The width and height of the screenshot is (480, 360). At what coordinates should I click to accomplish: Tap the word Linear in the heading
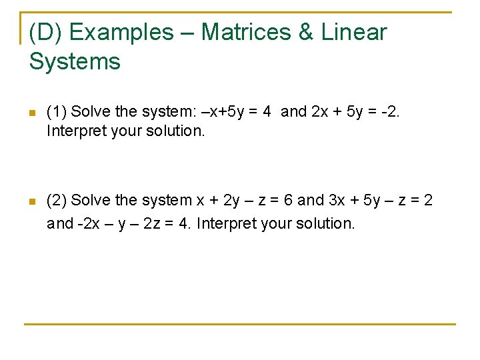[354, 32]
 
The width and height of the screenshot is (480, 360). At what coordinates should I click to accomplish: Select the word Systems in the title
[75, 62]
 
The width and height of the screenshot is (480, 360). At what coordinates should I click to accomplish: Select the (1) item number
[57, 111]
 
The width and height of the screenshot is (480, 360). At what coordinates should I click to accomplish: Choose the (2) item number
[57, 200]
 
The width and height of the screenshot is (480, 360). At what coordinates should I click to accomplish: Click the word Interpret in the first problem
[74, 131]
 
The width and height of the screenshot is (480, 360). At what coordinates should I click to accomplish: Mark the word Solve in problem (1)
[90, 111]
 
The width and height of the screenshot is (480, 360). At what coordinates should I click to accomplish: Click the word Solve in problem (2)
[90, 200]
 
